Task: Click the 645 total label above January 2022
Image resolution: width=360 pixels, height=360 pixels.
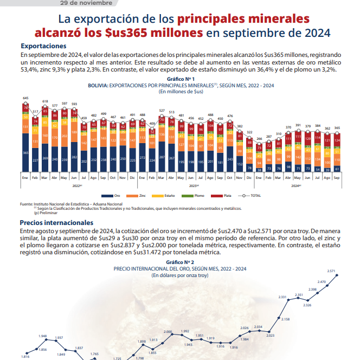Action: pos(25,98)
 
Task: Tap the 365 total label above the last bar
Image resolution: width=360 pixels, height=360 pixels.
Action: pos(337,128)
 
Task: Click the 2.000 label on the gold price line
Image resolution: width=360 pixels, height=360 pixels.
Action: pos(168,331)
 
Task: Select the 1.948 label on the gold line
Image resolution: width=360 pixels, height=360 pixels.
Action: pos(43,336)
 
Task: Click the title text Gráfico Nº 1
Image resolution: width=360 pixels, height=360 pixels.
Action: pos(181,79)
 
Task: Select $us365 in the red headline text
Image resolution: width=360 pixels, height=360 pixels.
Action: pos(139,33)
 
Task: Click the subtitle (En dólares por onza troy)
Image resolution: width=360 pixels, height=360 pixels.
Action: pos(181,275)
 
